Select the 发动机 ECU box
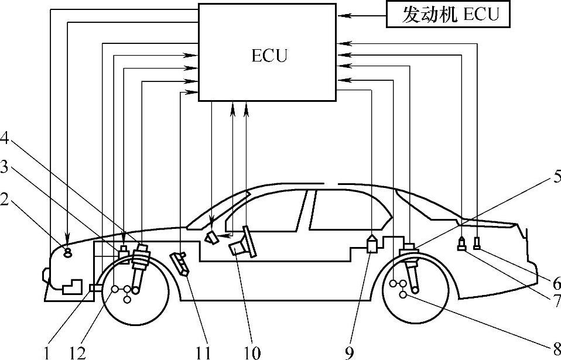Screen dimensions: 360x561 pos(448,15)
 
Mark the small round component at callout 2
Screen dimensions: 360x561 pos(67,252)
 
